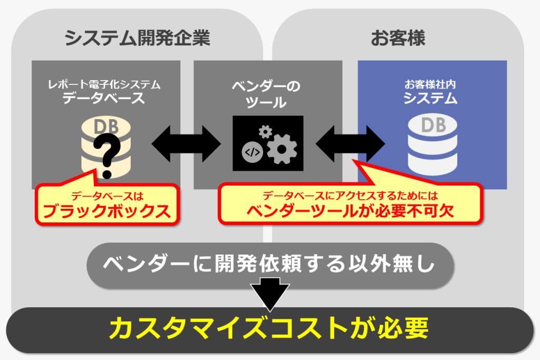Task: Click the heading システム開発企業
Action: click(137, 37)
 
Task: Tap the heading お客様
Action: click(398, 37)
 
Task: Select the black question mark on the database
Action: click(107, 155)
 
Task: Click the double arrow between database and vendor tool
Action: click(186, 143)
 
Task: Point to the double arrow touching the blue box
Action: click(350, 143)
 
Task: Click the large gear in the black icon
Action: click(282, 149)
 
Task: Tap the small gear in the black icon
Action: click(265, 131)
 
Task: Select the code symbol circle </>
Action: click(252, 152)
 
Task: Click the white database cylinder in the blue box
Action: click(432, 144)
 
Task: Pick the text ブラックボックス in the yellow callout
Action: click(107, 211)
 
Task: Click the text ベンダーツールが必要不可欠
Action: click(350, 211)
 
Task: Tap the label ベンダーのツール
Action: click(266, 94)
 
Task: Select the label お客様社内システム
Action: click(430, 92)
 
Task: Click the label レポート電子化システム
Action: click(104, 84)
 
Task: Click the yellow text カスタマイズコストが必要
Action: click(269, 329)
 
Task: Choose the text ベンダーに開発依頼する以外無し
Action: click(269, 264)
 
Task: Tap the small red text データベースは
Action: click(107, 196)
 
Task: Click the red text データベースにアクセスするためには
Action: click(350, 196)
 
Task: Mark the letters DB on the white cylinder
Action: click(433, 125)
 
